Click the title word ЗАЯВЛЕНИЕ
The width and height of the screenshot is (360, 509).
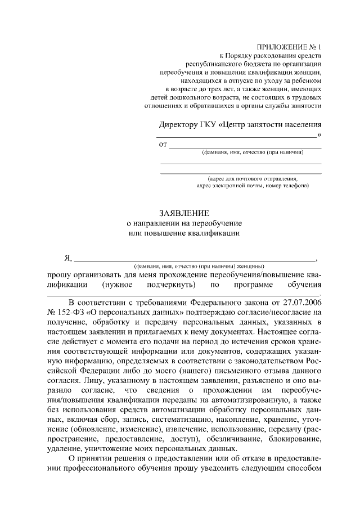(184, 214)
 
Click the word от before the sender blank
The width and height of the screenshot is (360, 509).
(164, 145)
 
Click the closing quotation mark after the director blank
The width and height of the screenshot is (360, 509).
(319, 135)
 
